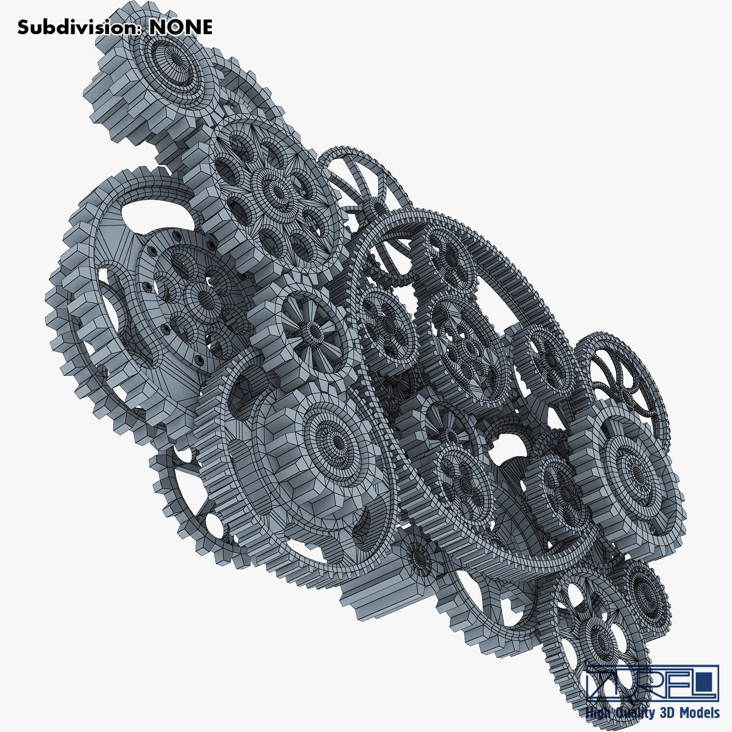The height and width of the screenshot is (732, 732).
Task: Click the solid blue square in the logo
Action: [x=705, y=682]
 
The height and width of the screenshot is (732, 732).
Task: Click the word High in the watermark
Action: [x=598, y=712]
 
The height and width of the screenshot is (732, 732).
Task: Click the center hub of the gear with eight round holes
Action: [x=277, y=194]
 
